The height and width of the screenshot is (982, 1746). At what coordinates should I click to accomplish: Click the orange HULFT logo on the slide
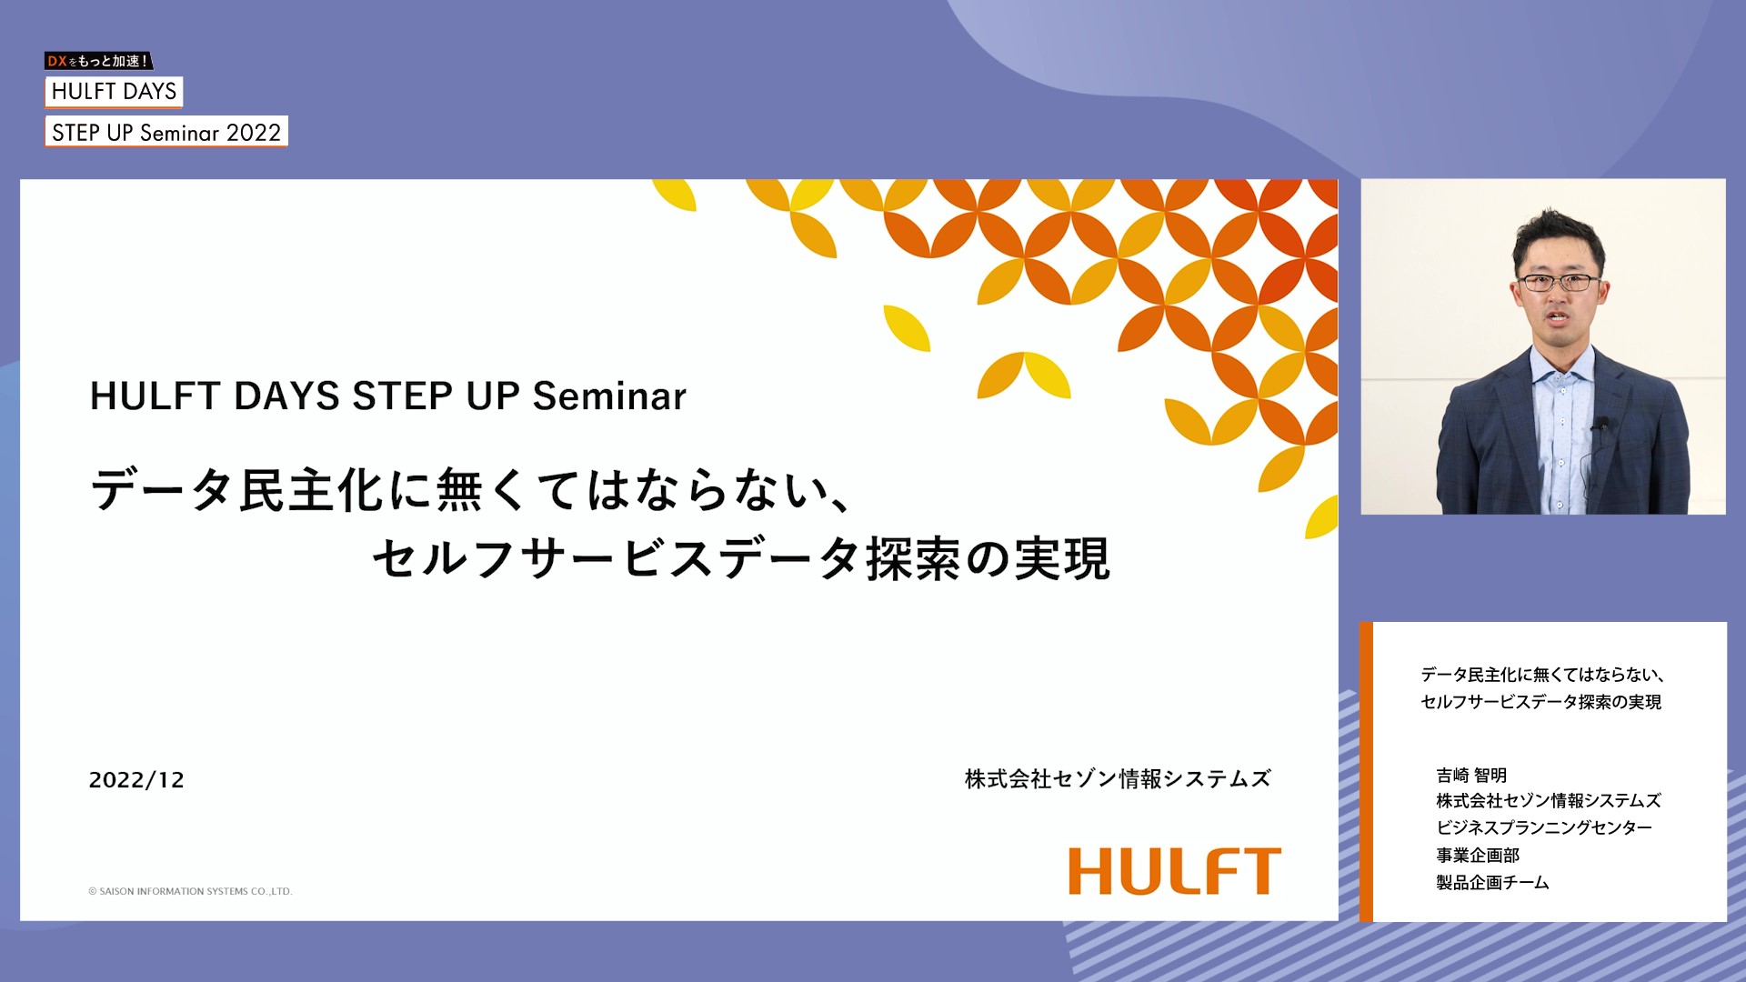pos(1175,871)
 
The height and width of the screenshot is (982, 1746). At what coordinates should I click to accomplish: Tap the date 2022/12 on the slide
pos(136,780)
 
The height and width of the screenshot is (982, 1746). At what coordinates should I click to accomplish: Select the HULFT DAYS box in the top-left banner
pos(114,92)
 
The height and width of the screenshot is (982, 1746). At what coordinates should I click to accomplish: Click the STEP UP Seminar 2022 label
pos(166,132)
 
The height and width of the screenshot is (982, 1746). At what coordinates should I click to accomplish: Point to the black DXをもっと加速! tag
pos(98,61)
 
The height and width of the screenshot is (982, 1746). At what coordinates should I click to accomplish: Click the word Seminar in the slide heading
pos(609,396)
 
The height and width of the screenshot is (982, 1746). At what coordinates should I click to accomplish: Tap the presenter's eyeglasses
pos(1559,283)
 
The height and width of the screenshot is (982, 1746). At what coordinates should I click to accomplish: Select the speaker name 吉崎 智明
pos(1471,775)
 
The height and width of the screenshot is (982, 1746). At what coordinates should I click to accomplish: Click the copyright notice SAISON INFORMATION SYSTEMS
pos(190,891)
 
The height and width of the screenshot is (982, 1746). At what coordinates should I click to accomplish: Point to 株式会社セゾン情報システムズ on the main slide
pos(1118,778)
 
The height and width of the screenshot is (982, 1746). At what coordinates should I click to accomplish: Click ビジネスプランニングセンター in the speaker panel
pos(1544,827)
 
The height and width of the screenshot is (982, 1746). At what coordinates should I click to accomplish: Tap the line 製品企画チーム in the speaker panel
pos(1492,882)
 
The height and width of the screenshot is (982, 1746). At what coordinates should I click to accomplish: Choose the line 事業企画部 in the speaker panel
pos(1478,855)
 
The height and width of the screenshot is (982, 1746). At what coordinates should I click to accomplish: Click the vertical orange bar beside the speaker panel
pos(1366,772)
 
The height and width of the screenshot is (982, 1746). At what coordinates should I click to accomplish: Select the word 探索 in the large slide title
pos(912,558)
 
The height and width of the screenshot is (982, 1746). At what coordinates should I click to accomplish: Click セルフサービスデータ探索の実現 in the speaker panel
pos(1540,702)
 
